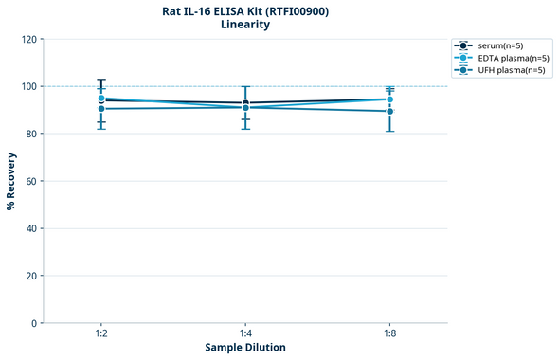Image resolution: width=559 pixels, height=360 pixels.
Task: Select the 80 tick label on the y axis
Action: pos(29,135)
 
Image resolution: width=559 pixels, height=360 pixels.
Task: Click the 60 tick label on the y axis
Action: pos(29,181)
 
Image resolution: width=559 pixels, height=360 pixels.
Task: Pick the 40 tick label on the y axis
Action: pos(29,228)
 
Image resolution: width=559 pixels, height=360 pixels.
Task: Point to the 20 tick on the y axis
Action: pos(29,276)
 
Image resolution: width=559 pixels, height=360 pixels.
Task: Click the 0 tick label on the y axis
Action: pos(33,323)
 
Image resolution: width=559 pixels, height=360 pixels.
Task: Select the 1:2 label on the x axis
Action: pos(101,334)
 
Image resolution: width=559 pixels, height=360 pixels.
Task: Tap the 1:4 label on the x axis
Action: pos(245,334)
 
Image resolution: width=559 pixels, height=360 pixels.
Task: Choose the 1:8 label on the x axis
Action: pos(389,334)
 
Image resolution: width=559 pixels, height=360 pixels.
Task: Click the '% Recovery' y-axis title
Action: pos(11,181)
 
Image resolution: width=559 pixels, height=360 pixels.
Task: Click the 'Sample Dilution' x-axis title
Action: pos(245,348)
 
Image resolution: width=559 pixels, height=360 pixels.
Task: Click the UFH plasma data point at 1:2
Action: pos(101,109)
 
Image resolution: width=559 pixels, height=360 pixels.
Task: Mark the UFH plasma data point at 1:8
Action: pos(389,111)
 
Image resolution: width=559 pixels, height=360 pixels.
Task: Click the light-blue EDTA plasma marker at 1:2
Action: pos(101,98)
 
